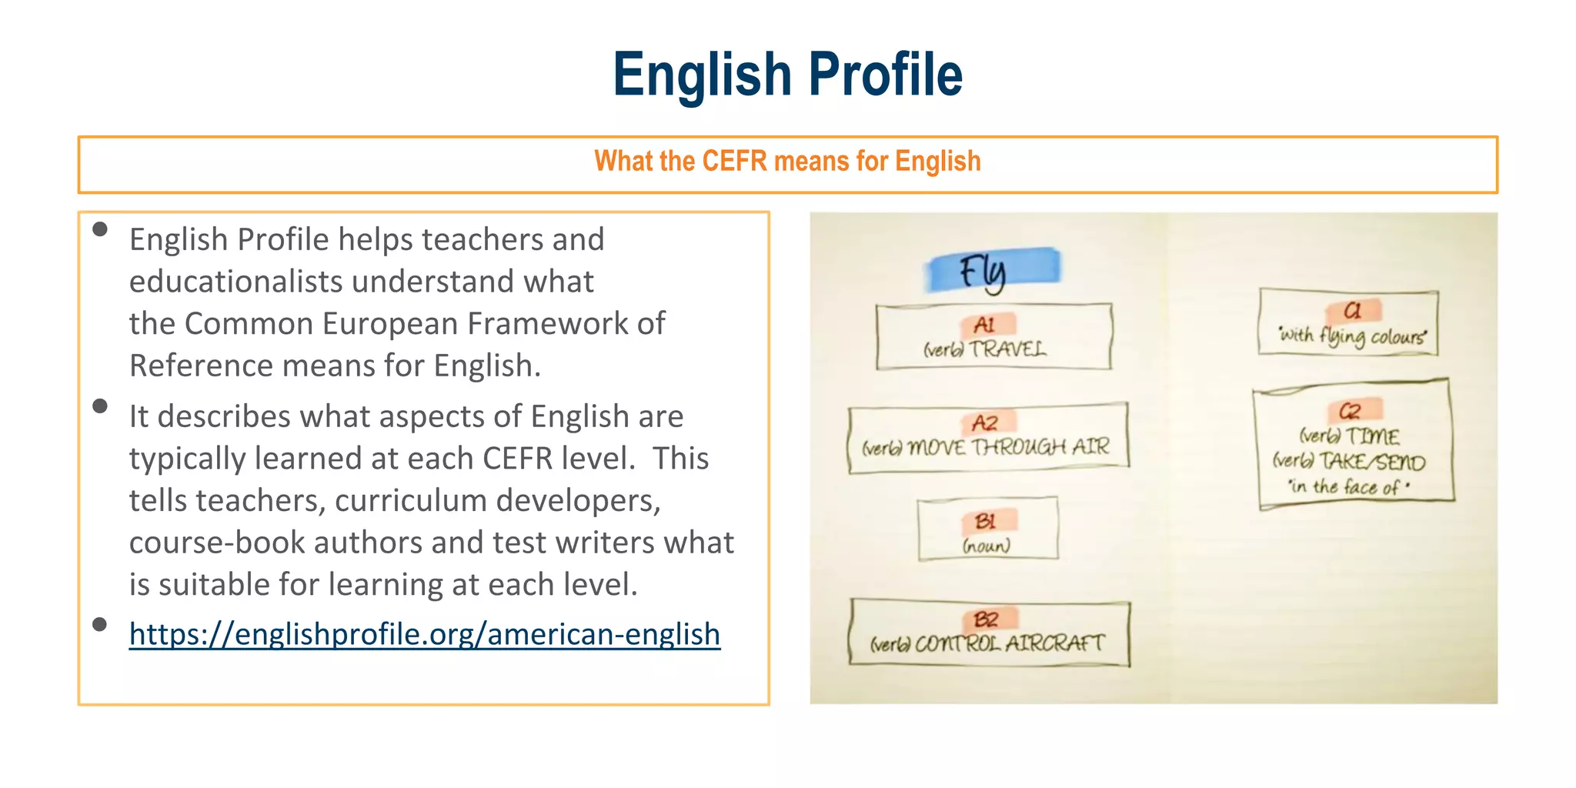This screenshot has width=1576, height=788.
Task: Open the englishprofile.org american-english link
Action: tap(424, 634)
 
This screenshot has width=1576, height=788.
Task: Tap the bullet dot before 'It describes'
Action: tap(100, 406)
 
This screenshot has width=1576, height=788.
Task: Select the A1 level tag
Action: tap(986, 325)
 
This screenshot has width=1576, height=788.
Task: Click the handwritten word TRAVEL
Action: tap(1007, 349)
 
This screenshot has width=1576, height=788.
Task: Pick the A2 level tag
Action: tap(986, 422)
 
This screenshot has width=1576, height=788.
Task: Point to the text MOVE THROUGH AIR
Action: tap(1009, 447)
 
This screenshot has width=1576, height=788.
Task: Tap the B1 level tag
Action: tap(987, 521)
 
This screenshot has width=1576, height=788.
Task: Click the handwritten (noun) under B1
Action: tap(986, 546)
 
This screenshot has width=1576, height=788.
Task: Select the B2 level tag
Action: tap(987, 619)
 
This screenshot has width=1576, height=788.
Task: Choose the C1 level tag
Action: tap(1352, 311)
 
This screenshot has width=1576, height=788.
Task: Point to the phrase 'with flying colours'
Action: tap(1352, 336)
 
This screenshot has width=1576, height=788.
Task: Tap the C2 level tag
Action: tap(1351, 410)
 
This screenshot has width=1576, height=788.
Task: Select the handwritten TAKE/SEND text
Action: tap(1373, 462)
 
